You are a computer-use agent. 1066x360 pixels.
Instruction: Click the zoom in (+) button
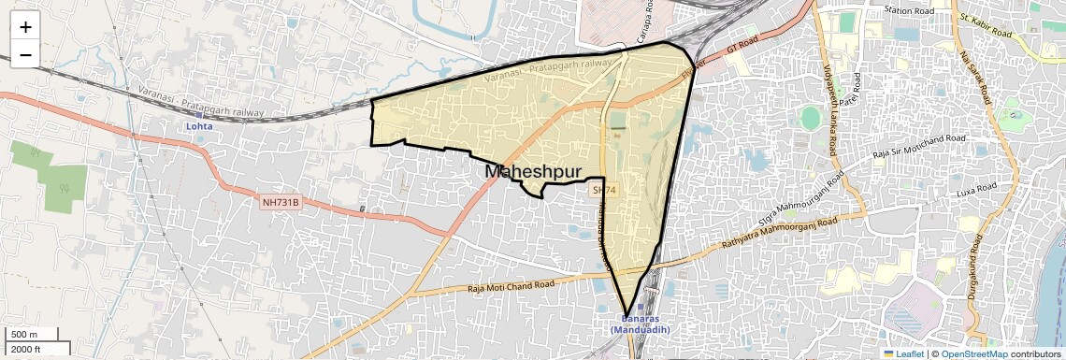tap(25, 26)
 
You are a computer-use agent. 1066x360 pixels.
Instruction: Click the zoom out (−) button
tap(25, 54)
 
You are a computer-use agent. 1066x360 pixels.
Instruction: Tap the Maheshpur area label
tap(534, 172)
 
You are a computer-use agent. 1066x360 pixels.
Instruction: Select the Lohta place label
tap(198, 125)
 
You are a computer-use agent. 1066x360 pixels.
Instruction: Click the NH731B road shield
tap(280, 201)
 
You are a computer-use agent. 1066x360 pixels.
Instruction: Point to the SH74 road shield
tap(604, 190)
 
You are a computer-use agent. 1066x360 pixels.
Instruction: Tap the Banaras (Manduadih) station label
tap(639, 324)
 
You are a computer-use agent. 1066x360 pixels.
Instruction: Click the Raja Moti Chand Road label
tap(511, 286)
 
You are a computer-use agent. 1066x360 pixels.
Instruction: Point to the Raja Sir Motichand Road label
tap(917, 145)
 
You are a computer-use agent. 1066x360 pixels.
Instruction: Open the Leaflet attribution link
tap(903, 354)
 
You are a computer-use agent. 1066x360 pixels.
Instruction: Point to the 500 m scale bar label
tap(24, 335)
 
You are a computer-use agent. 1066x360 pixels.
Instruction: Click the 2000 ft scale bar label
tap(26, 350)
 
